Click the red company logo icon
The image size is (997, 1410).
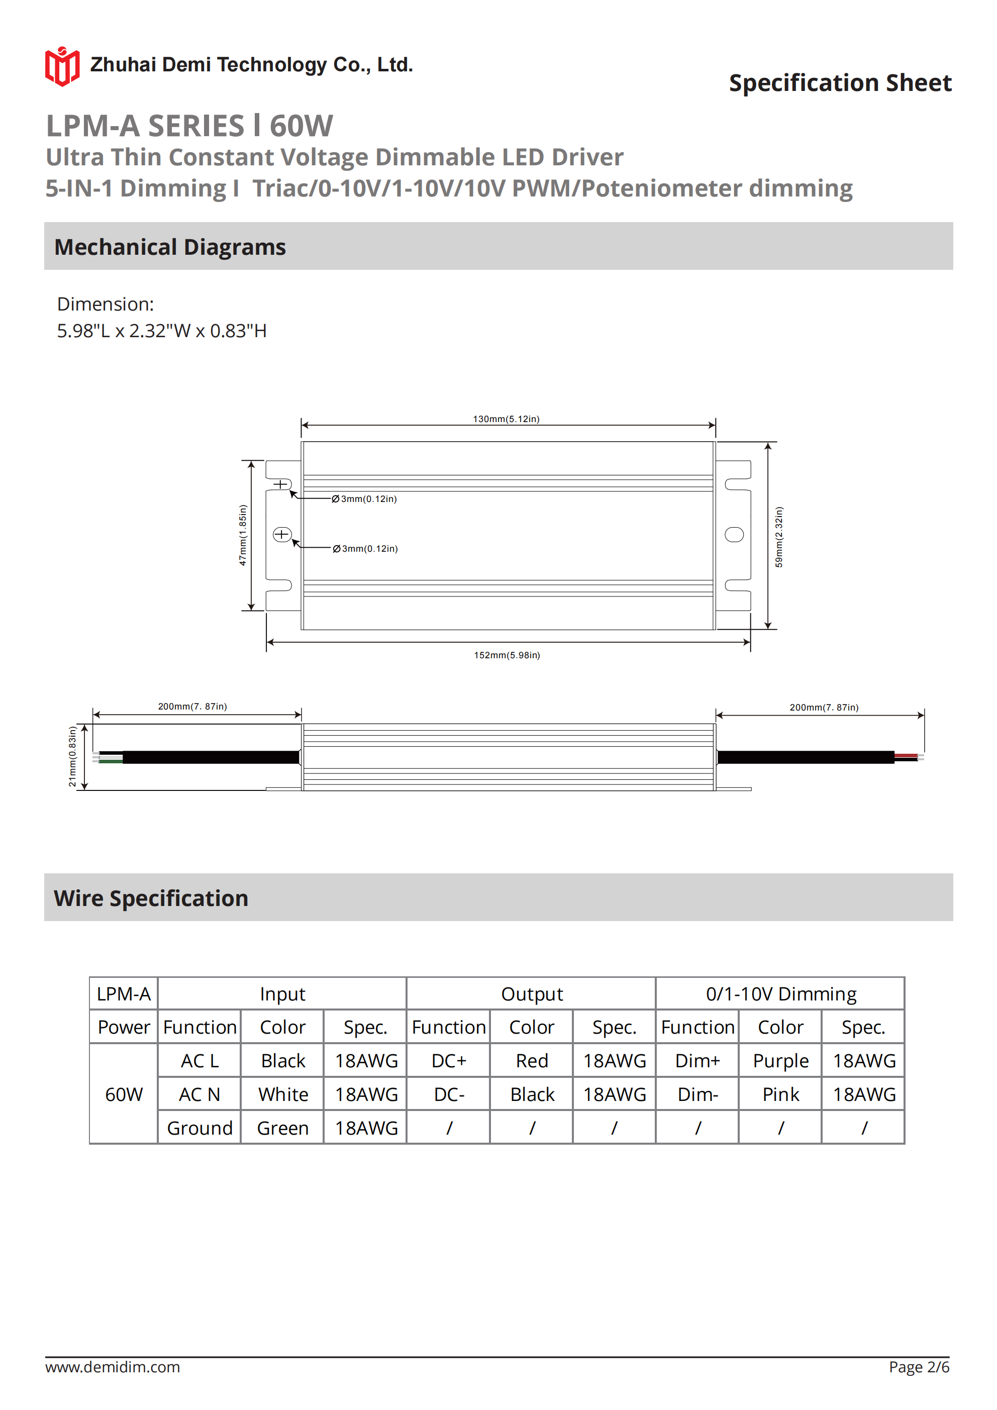[x=62, y=66]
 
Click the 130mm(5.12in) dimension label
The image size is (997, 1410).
[x=506, y=419]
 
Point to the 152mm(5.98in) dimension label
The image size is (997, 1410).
[x=507, y=655]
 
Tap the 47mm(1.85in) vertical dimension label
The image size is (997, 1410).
[x=243, y=535]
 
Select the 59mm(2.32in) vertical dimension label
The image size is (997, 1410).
[x=779, y=537]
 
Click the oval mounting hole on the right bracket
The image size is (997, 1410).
[x=734, y=534]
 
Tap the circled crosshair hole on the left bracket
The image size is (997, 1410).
[x=282, y=534]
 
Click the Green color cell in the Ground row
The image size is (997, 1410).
[x=282, y=1128]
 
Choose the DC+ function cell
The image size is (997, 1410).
[x=448, y=1061]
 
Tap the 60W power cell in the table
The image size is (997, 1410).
[x=124, y=1094]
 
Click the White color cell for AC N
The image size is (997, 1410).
[x=282, y=1094]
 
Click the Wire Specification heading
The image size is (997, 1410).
[x=151, y=898]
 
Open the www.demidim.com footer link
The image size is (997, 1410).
[x=113, y=1367]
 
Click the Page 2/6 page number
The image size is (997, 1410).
[x=919, y=1367]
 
